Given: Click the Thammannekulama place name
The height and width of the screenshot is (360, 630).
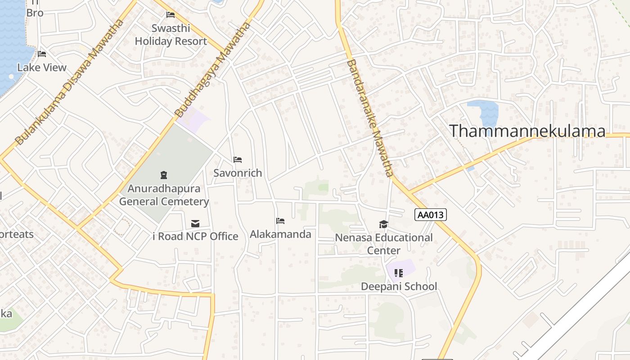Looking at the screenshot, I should point(527,131).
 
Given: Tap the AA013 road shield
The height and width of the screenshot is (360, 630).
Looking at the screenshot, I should point(431,215).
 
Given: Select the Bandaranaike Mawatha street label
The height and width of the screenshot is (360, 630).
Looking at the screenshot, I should point(370,118).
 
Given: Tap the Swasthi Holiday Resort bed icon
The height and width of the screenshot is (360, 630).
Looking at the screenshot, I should point(171,15).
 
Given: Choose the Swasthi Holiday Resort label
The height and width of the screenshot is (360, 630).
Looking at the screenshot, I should point(171,35).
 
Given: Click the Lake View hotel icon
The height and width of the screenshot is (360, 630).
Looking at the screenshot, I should point(42,54).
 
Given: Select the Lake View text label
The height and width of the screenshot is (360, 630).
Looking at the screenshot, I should point(42,67).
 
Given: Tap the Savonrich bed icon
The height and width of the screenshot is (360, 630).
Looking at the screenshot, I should point(238,159).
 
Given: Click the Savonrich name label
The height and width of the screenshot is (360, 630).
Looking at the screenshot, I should point(238,173).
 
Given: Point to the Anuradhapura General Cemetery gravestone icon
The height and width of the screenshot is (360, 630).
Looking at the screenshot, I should point(164,175).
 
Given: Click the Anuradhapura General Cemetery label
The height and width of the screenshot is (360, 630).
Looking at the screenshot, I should point(164,194).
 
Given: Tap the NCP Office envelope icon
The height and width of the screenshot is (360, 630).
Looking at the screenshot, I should point(195,223).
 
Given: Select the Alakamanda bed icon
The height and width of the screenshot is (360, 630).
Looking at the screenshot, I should point(280,220).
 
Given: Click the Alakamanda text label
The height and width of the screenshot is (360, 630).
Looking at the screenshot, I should point(280,234).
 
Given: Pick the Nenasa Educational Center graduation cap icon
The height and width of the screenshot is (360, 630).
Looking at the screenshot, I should point(383,224).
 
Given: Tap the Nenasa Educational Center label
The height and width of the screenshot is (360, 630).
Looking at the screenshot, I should point(384,243).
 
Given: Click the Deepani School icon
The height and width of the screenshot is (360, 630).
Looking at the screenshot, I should point(399,273).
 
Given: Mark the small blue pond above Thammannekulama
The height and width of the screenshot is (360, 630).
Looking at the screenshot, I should point(483,112).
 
